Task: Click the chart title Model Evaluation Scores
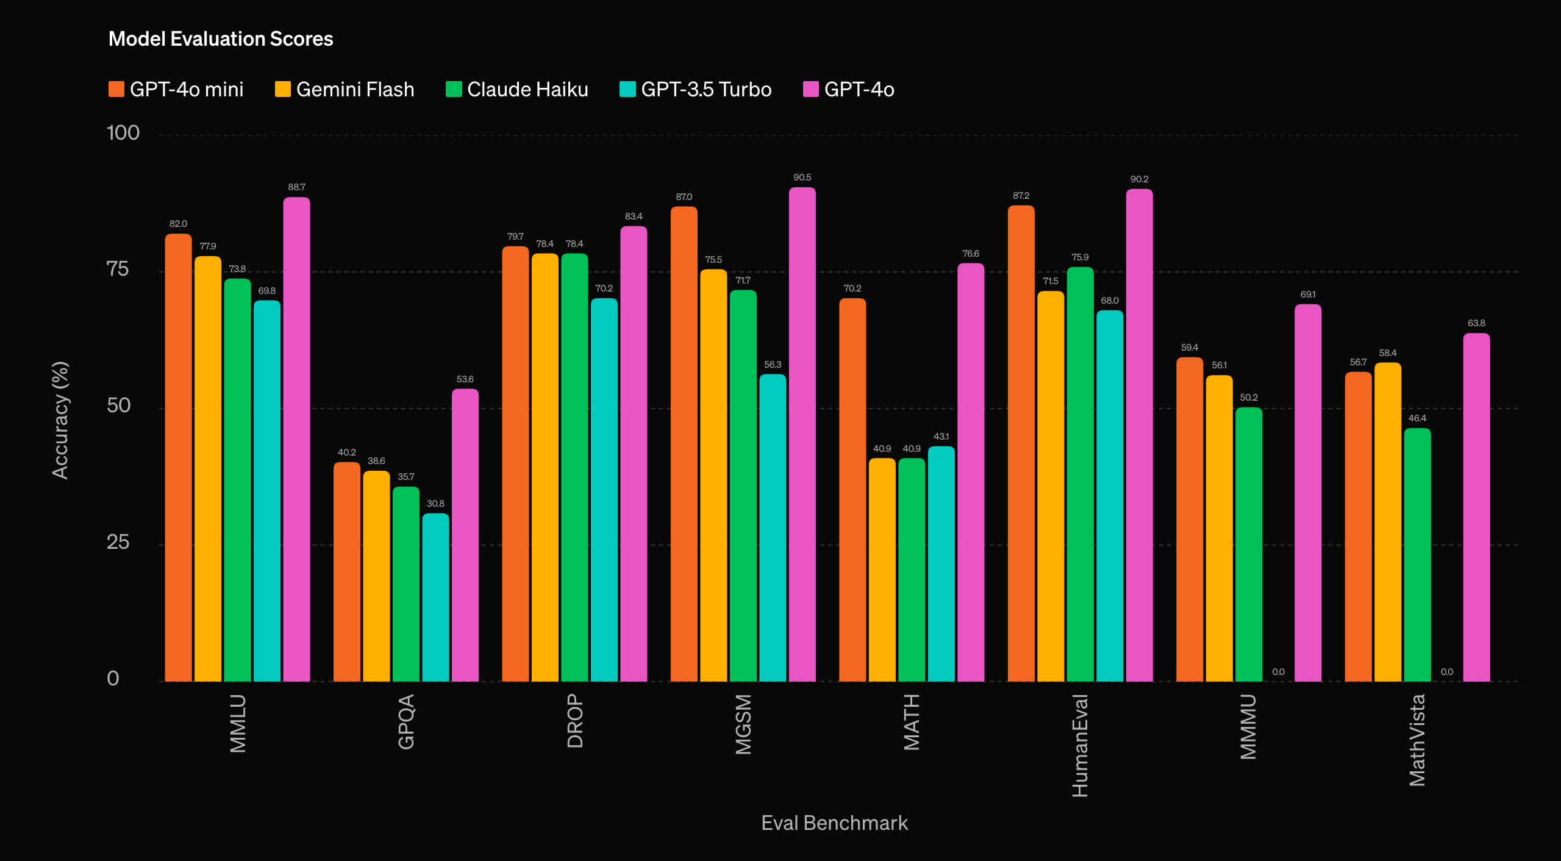coord(221,39)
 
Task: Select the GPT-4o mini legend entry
coord(176,90)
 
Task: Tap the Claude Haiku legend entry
coord(517,90)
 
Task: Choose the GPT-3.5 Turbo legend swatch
coord(627,90)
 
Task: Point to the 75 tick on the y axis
coord(118,269)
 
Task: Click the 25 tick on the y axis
coord(118,542)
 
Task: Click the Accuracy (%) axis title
coord(60,420)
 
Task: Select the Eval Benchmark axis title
coord(834,823)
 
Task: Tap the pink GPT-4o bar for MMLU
coord(296,439)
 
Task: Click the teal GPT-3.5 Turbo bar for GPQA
coord(435,598)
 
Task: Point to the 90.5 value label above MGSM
coord(802,177)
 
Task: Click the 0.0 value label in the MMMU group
coord(1278,672)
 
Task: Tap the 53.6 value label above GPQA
coord(465,379)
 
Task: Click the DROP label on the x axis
coord(575,721)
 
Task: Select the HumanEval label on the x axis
coord(1080,745)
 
